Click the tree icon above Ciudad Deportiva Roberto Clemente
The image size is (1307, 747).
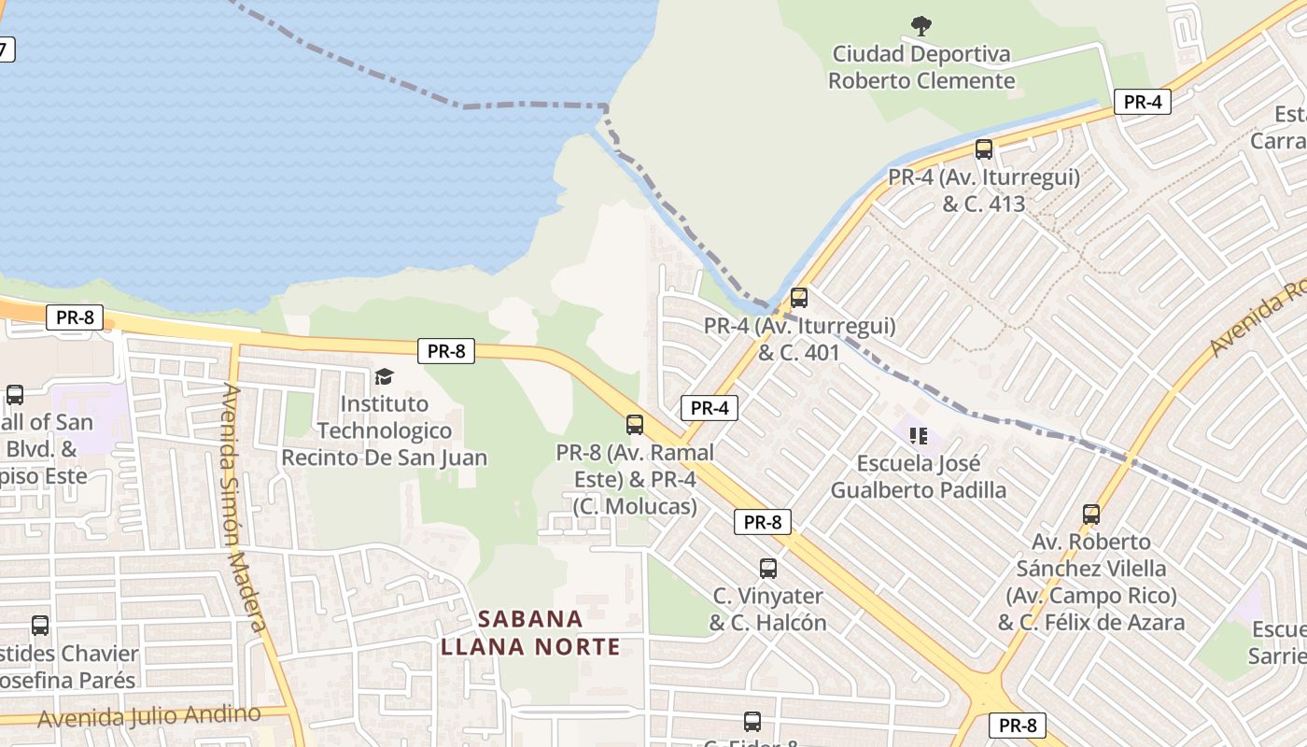(921, 25)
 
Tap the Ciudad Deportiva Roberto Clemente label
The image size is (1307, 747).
(921, 67)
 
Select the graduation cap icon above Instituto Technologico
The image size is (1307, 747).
(384, 376)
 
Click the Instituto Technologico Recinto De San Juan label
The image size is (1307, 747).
(384, 430)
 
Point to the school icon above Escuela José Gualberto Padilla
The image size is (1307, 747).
(918, 435)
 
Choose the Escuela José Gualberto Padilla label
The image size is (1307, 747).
(919, 476)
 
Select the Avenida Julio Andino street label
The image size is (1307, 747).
(149, 715)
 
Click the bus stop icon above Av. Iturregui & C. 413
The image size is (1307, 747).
(983, 148)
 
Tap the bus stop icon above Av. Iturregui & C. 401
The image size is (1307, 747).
(799, 298)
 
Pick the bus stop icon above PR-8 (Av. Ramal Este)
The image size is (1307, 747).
(635, 425)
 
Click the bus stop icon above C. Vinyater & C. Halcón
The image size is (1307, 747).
(768, 568)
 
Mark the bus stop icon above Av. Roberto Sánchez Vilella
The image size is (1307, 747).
(1091, 514)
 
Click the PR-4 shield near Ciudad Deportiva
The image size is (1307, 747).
(1142, 102)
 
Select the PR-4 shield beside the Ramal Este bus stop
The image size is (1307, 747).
(710, 407)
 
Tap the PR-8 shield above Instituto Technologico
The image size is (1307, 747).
(446, 351)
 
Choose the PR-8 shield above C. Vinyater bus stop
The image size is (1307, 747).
(763, 522)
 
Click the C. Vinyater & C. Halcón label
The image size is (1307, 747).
(768, 609)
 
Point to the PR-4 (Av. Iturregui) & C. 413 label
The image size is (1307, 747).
(984, 190)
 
